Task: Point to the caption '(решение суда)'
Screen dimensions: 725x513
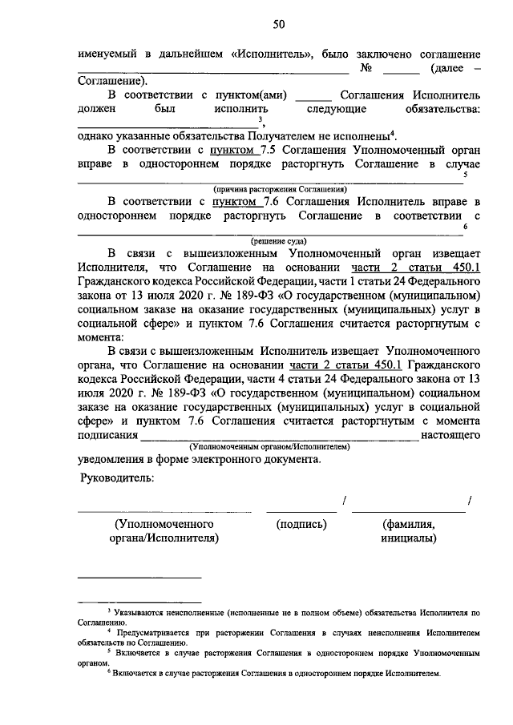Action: coord(278,240)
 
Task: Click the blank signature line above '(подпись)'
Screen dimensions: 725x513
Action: coord(301,509)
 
